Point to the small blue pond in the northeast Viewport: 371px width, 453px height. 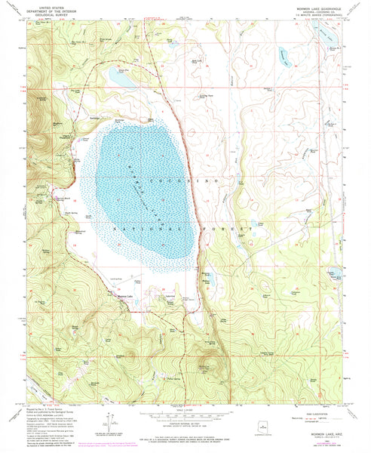283,54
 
